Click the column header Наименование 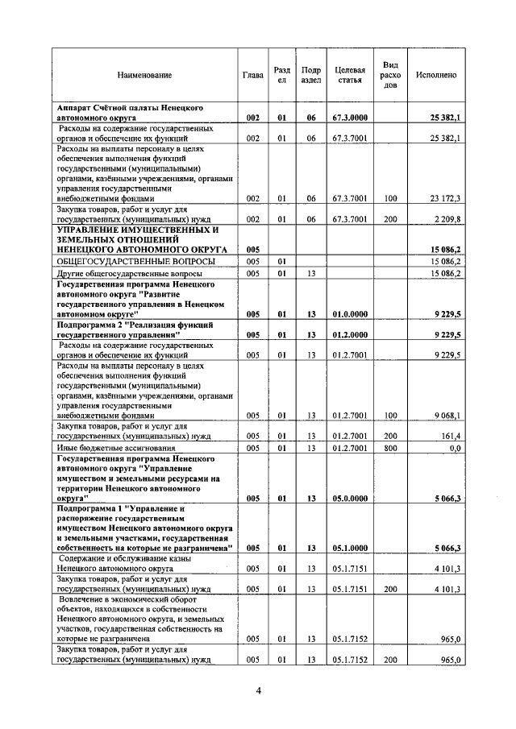[144, 75]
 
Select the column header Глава [252, 75]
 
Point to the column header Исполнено [436, 75]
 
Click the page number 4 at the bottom [258, 690]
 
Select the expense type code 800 [390, 447]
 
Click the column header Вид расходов [390, 75]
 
